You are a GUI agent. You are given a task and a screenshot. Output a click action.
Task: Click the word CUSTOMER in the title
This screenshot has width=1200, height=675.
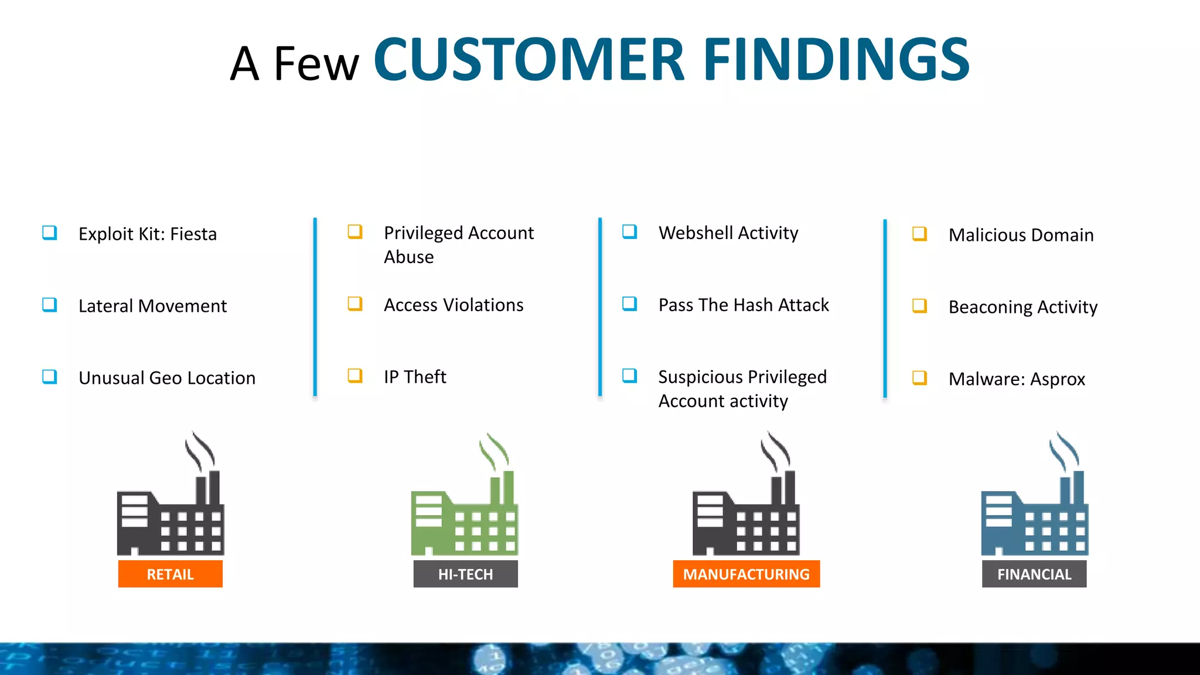point(529,59)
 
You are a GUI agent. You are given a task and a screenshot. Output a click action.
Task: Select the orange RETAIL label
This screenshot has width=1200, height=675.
point(170,574)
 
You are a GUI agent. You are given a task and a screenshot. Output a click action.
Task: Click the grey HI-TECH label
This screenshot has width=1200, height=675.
point(465,574)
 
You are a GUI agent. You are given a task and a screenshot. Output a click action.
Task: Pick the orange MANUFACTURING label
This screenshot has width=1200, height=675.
point(746,574)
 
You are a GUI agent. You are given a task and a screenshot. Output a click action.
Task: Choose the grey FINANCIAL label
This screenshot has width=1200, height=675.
point(1034,574)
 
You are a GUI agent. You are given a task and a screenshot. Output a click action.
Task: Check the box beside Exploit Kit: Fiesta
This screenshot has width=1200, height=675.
point(50,233)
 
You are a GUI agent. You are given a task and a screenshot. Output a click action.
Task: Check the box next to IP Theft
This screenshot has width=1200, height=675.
point(355,376)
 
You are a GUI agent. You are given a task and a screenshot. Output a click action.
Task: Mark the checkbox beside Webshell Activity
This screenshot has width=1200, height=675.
point(629,231)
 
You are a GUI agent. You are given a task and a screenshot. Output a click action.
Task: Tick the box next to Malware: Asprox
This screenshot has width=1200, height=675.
point(919,378)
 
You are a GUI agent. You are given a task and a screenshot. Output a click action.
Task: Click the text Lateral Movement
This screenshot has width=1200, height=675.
point(152,306)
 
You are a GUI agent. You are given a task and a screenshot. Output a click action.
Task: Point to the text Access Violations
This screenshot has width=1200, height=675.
point(454,305)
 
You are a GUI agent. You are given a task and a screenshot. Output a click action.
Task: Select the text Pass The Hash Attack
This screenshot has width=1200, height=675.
point(744,305)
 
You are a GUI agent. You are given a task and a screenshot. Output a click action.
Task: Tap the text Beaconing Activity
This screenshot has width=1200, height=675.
point(1022,307)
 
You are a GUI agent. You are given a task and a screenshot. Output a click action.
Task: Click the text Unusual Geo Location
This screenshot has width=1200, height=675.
point(167,378)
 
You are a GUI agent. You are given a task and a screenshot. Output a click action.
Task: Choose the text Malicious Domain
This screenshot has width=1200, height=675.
point(1021,235)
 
